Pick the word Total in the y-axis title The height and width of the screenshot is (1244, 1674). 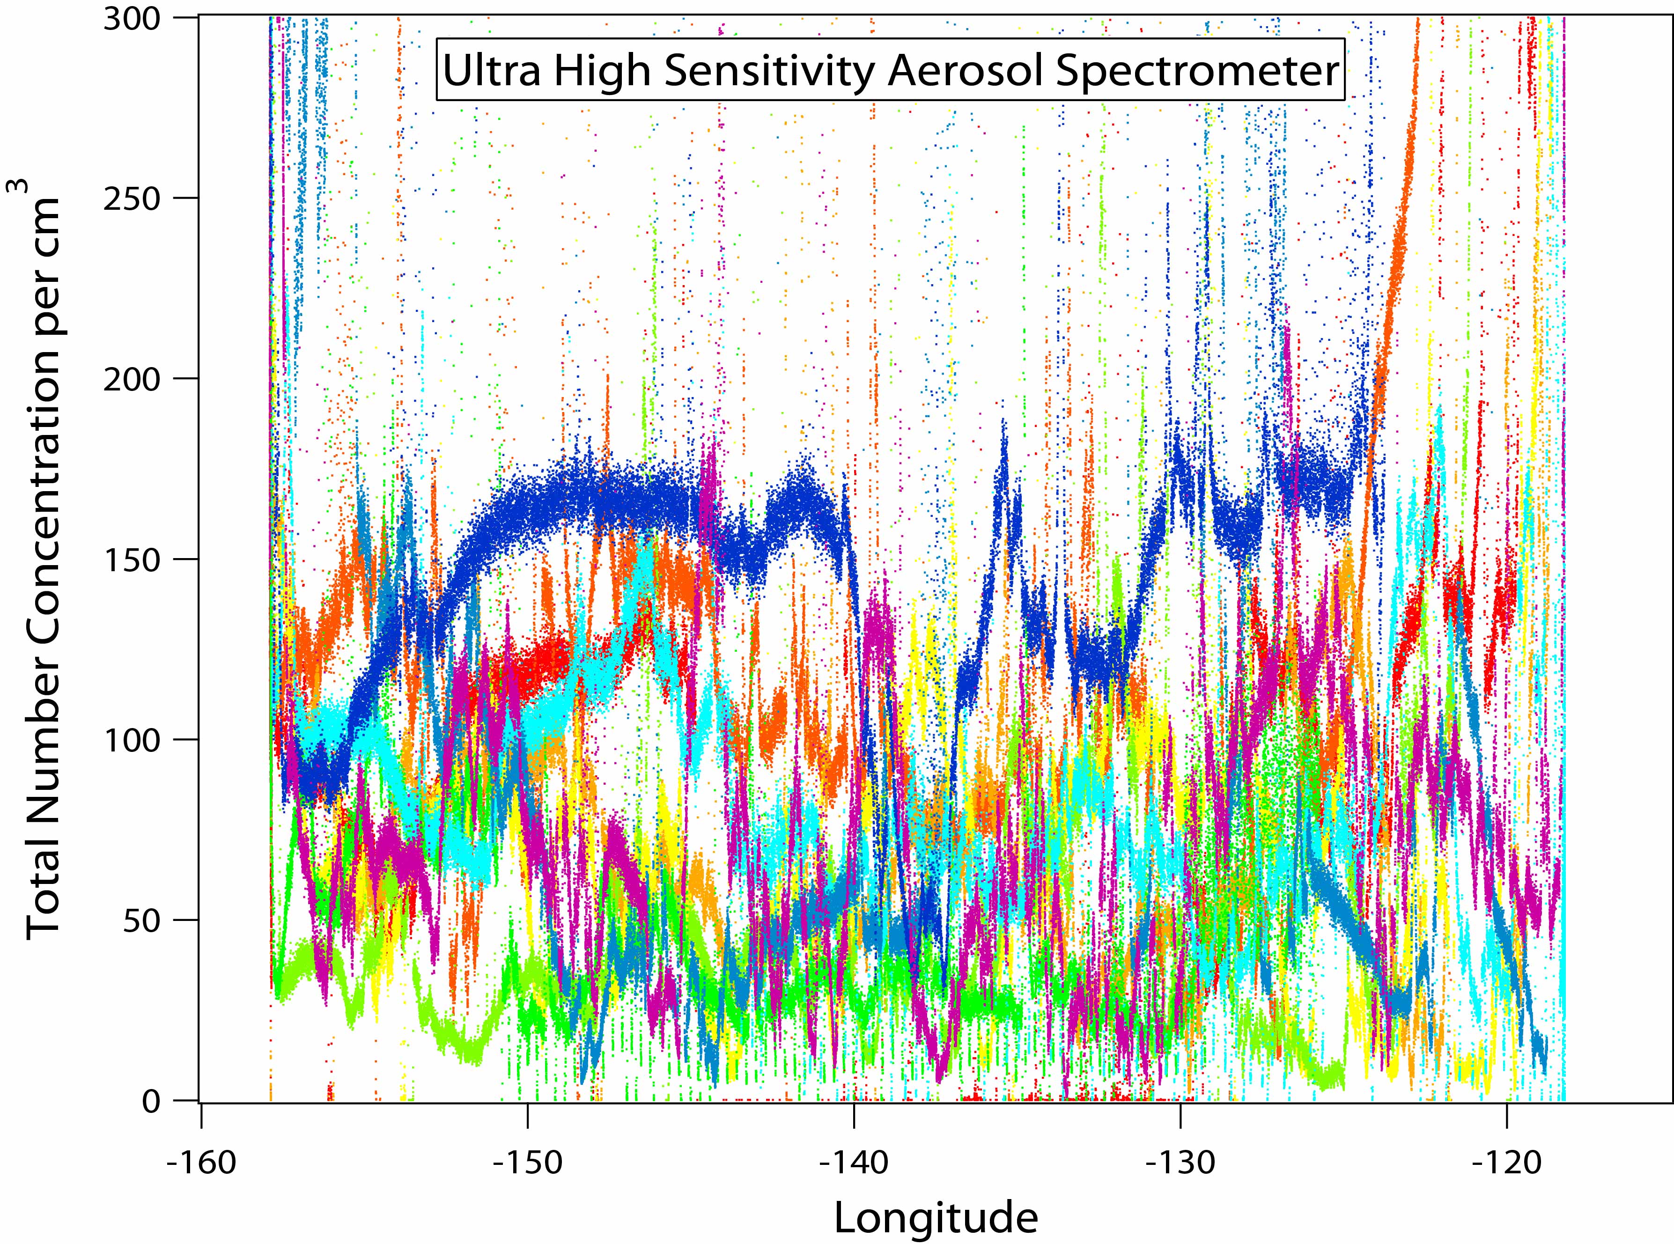pyautogui.click(x=44, y=889)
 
